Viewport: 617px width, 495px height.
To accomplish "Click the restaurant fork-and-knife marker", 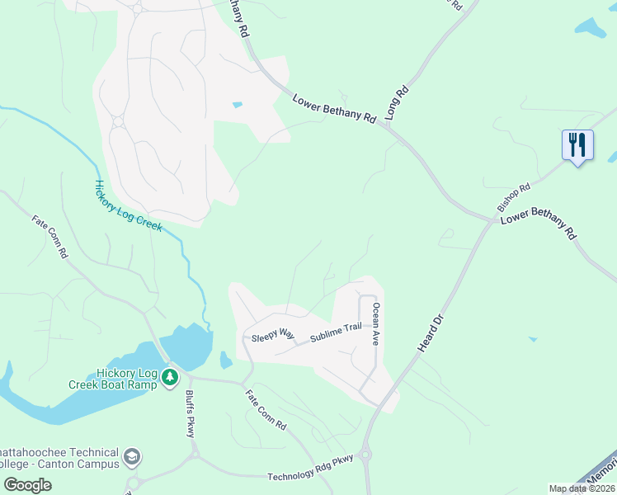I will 577,145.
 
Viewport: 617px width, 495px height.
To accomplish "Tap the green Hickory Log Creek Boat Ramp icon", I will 170,377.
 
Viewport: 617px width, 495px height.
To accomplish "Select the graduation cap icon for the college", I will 132,457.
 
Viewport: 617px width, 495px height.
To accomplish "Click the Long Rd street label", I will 397,102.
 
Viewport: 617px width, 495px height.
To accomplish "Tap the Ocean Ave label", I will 376,323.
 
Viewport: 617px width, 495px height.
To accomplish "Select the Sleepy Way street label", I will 272,333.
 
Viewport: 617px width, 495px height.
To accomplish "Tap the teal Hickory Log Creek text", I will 128,206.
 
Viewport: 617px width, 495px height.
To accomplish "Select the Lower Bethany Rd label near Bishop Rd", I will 539,224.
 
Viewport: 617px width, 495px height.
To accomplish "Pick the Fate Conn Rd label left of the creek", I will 49,237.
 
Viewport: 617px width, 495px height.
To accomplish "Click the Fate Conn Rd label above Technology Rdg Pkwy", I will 265,410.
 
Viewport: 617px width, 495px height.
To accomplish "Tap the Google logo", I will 27,484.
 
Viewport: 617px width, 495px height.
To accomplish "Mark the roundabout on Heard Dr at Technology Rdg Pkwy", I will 366,454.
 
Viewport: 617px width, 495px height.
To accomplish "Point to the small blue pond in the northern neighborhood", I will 238,105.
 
